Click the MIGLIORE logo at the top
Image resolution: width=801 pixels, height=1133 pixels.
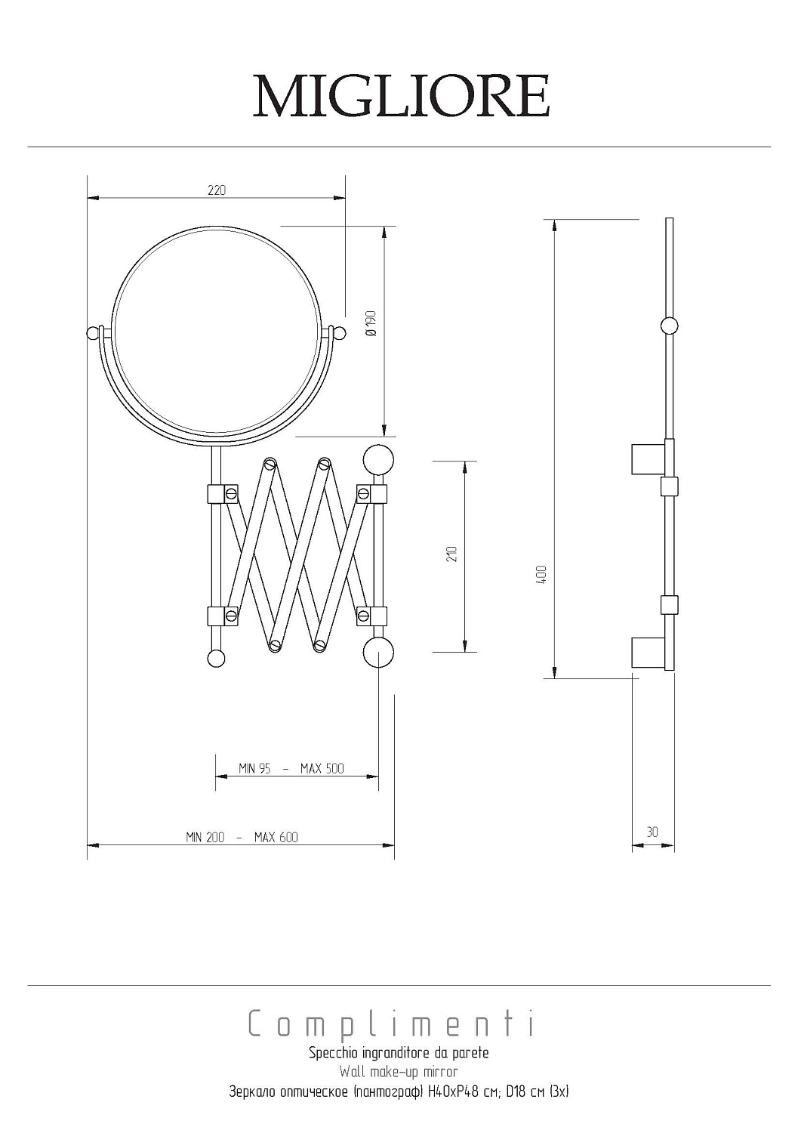401,96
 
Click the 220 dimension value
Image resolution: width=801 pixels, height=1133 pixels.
217,190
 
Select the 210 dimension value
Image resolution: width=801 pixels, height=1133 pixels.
452,554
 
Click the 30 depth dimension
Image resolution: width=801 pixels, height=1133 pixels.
652,832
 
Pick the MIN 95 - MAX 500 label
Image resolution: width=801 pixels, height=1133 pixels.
291,768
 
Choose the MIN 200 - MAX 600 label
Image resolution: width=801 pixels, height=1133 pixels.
242,837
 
